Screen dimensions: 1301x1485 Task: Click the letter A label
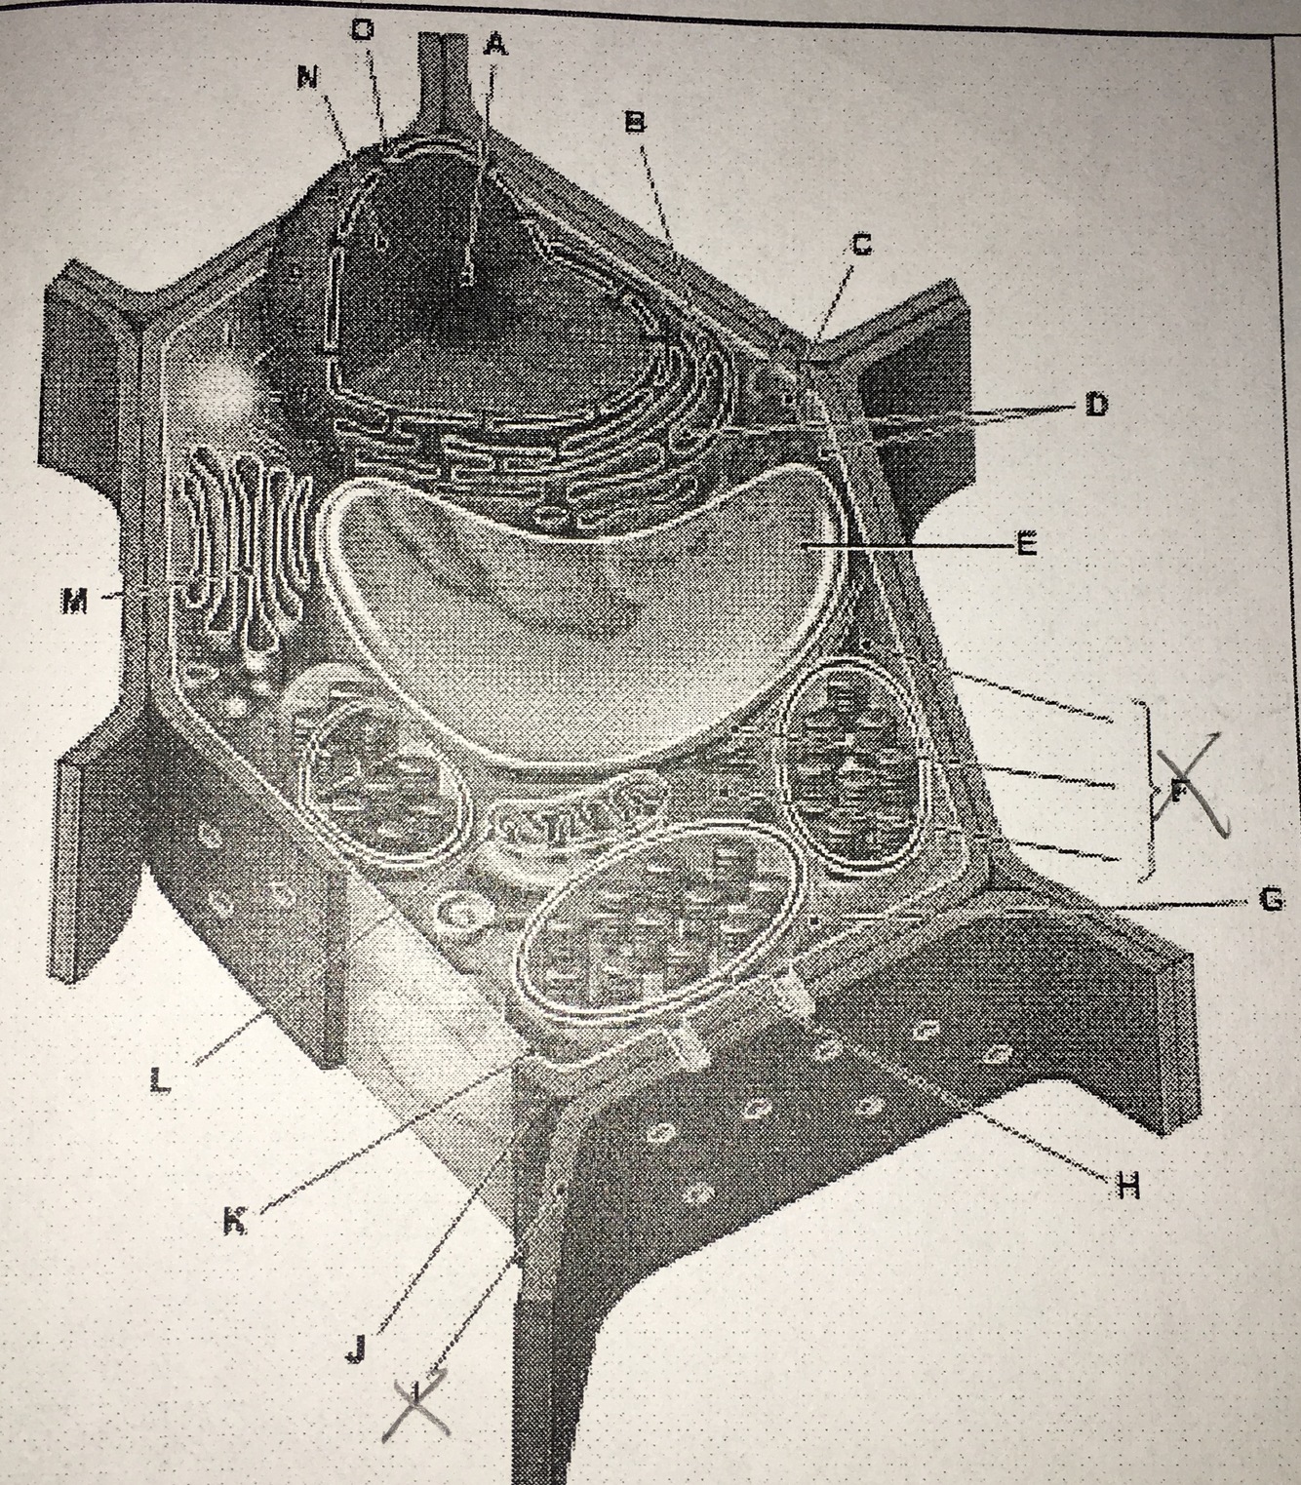495,45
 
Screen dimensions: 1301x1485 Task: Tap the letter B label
635,122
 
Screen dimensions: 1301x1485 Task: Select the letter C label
860,245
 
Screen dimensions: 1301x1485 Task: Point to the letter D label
1096,405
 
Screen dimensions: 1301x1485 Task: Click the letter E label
1025,544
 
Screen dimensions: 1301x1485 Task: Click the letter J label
356,1348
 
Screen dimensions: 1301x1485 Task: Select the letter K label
235,1220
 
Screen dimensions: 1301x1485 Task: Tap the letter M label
74,602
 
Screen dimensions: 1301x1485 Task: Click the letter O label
362,30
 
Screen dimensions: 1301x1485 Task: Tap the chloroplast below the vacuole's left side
385,770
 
